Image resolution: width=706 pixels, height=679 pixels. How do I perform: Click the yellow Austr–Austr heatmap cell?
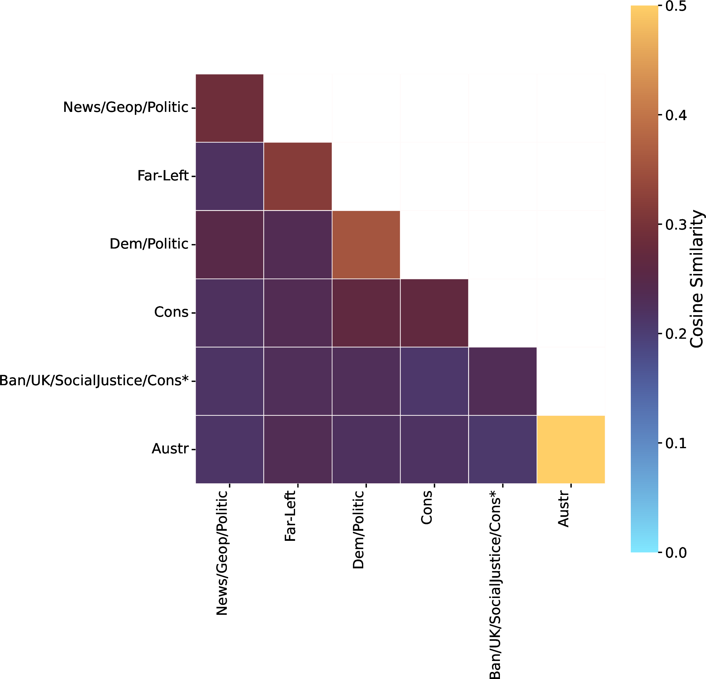[571, 449]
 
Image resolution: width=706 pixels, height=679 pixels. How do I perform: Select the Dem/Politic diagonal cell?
[366, 245]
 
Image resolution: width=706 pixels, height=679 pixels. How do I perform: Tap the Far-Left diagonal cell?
[298, 176]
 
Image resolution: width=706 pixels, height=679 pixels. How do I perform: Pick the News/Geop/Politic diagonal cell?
[229, 108]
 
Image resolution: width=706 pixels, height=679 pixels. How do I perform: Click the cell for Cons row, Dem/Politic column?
[366, 313]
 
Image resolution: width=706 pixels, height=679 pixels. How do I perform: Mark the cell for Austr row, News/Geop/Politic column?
[229, 449]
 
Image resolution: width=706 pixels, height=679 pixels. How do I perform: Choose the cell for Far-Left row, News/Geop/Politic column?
[229, 176]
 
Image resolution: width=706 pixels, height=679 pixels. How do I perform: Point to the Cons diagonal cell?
[434, 313]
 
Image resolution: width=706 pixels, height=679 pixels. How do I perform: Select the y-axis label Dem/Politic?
[149, 244]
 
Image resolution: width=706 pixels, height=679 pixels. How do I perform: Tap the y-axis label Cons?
[171, 312]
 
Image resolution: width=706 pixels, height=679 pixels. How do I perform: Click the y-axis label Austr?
[170, 449]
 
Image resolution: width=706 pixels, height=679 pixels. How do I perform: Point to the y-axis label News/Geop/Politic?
[126, 107]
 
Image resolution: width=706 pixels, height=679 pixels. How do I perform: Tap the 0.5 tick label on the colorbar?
[676, 6]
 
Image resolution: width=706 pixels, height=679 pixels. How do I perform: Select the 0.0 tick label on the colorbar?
[676, 552]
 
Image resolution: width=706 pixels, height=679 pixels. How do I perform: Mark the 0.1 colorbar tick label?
[676, 443]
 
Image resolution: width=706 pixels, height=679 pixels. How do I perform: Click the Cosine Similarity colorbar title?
[697, 279]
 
